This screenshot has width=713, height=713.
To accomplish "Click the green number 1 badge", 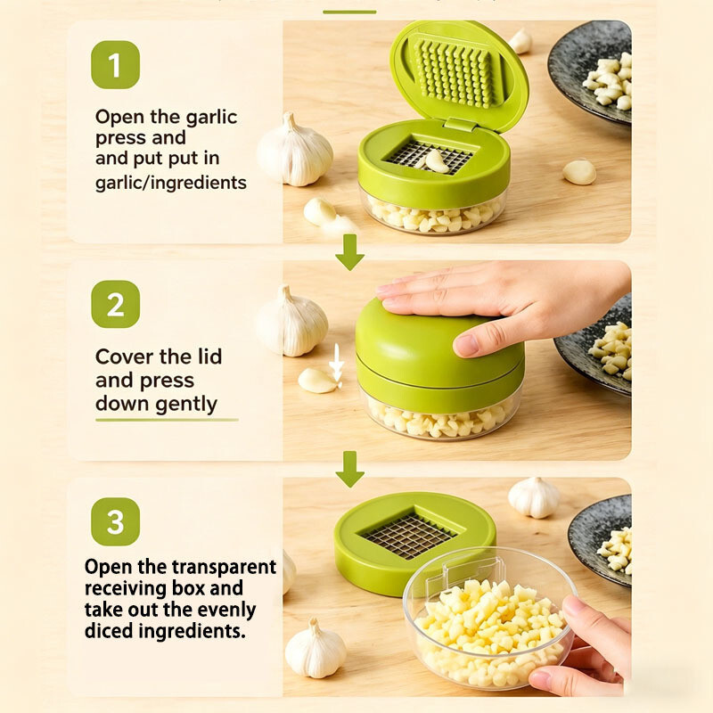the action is pos(115,64).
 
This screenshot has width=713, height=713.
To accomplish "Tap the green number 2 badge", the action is pos(115,304).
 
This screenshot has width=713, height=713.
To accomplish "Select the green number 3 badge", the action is pos(115,521).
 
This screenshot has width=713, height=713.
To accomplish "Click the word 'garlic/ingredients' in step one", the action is pos(170,183).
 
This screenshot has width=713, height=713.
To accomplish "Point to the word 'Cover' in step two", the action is pos(119,356).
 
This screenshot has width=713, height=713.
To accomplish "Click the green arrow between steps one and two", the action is pos(349,252).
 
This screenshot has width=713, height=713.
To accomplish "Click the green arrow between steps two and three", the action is pos(349,470).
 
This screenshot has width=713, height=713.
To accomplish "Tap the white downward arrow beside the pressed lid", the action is pos(337,363).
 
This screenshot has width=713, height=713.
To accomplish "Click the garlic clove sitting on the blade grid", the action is pos(437,161).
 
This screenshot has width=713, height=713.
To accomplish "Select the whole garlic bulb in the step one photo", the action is pos(294,151).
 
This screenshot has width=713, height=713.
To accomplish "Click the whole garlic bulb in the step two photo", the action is pos(291,321).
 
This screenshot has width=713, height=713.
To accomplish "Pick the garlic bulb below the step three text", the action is pos(316,649).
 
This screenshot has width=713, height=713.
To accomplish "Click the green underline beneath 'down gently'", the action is pos(167,420).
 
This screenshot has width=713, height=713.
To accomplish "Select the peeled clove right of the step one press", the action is pos(579,172).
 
